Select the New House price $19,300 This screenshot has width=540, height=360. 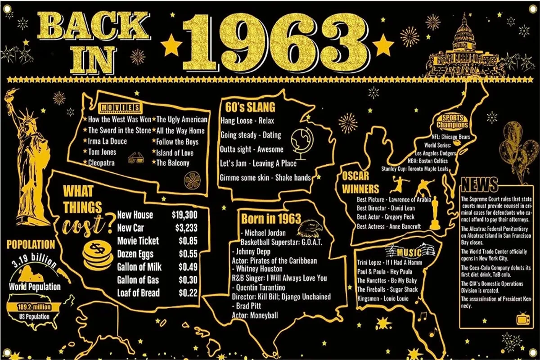click(x=184, y=215)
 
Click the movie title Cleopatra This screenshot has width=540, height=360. click(x=101, y=163)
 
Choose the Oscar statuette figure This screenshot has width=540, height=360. click(x=435, y=214)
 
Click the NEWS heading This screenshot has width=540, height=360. click(x=479, y=184)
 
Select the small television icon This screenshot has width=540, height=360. click(x=523, y=319)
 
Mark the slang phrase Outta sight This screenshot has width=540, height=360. click(x=237, y=149)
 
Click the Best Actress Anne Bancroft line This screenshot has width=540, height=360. click(x=389, y=226)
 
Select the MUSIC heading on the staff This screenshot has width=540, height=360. click(x=409, y=251)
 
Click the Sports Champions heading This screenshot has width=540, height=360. click(x=452, y=121)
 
